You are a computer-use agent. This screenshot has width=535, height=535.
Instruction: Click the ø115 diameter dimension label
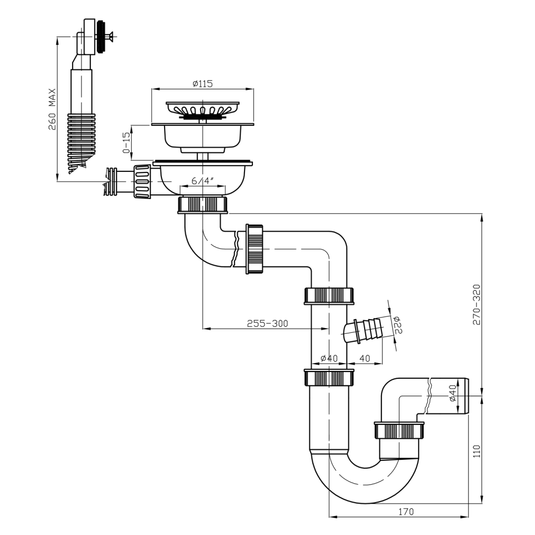pyautogui.click(x=202, y=84)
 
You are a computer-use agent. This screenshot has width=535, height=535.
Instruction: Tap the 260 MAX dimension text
pyautogui.click(x=52, y=109)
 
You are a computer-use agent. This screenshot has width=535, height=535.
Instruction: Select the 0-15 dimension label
pyautogui.click(x=126, y=142)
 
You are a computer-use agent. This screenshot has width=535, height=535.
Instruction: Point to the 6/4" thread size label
pyautogui.click(x=203, y=181)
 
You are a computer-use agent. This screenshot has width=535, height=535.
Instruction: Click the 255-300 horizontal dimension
pyautogui.click(x=267, y=323)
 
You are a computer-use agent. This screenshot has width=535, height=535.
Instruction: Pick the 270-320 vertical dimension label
pyautogui.click(x=476, y=305)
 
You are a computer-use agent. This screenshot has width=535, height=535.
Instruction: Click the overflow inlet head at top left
pyautogui.click(x=94, y=37)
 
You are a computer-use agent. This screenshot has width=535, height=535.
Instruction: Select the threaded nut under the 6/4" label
pyautogui.click(x=203, y=204)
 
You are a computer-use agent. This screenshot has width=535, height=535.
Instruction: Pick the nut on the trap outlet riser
pyautogui.click(x=400, y=431)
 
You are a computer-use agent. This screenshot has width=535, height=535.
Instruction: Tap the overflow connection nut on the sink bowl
pyautogui.click(x=142, y=181)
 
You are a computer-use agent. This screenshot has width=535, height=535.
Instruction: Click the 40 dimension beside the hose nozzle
pyautogui.click(x=365, y=358)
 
